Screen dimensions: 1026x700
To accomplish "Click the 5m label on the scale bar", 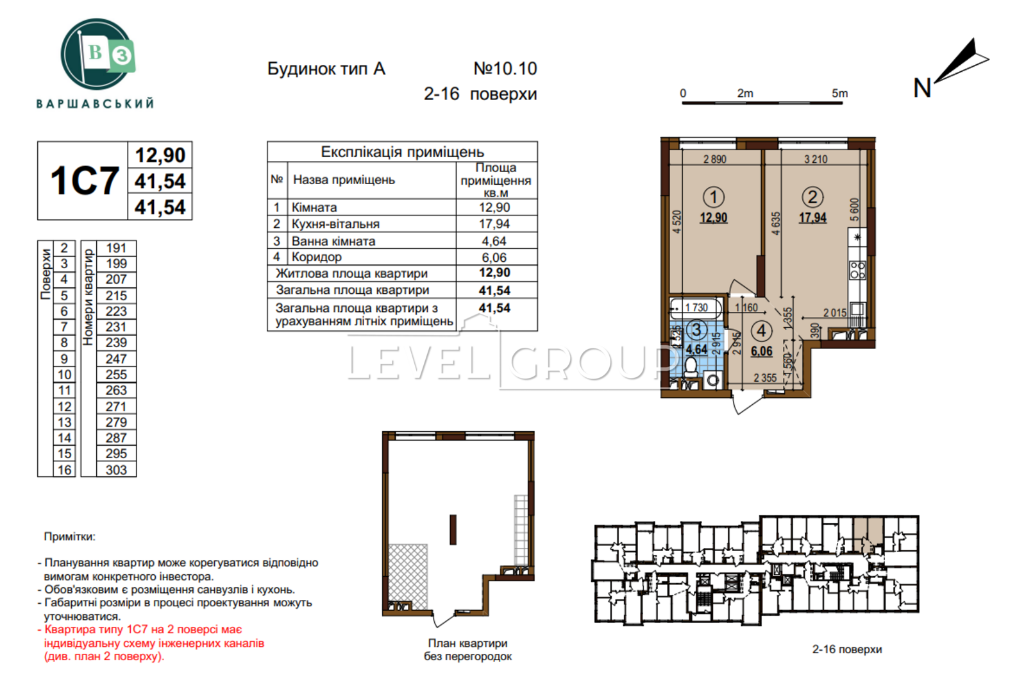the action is click(839, 93).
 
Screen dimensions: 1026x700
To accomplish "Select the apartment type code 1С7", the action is click(84, 181).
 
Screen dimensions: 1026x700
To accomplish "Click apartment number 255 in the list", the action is click(116, 375).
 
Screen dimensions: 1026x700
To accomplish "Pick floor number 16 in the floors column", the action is click(64, 470).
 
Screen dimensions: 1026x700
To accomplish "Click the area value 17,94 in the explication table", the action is click(494, 224).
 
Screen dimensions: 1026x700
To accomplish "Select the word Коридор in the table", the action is click(317, 257).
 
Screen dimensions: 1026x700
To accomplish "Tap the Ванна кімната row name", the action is click(333, 241).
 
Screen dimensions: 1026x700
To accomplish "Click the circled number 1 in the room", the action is click(713, 197).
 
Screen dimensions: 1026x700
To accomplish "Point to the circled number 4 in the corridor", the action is click(761, 330).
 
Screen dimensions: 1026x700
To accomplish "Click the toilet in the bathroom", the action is click(690, 368).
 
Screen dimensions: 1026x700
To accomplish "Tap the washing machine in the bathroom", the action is click(712, 380).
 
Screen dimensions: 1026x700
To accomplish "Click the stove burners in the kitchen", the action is click(857, 270).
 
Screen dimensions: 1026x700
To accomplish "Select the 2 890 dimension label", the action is click(714, 159).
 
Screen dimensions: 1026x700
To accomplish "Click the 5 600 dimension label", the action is click(855, 210).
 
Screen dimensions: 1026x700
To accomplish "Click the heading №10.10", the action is click(505, 69).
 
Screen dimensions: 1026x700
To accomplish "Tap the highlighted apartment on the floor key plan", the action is click(868, 534).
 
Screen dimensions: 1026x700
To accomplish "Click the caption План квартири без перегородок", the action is click(467, 649).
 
